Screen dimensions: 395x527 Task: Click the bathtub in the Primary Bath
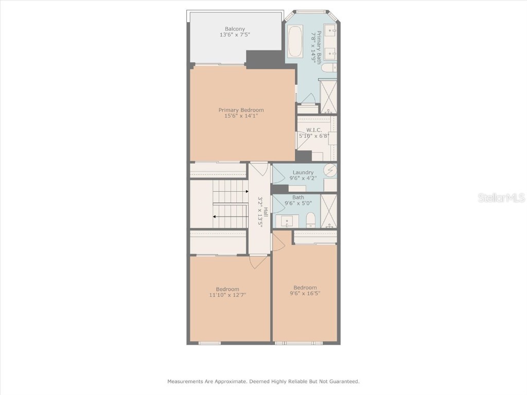pos(295,41)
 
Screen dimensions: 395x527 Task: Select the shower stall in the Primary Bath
pos(328,96)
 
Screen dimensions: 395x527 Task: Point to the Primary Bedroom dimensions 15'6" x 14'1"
pos(241,116)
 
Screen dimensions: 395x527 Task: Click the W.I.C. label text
pos(314,130)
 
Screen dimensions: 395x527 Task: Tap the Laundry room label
pos(303,172)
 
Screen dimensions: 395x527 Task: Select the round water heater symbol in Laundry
pos(330,170)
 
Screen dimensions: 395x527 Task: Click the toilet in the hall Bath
pos(310,221)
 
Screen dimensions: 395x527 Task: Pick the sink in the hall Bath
pos(286,221)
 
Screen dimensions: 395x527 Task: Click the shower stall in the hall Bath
pos(328,211)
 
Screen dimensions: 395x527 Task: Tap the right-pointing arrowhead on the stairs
pos(247,191)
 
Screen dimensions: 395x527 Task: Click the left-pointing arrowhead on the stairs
pos(214,217)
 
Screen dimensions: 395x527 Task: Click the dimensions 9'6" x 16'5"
pos(305,294)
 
